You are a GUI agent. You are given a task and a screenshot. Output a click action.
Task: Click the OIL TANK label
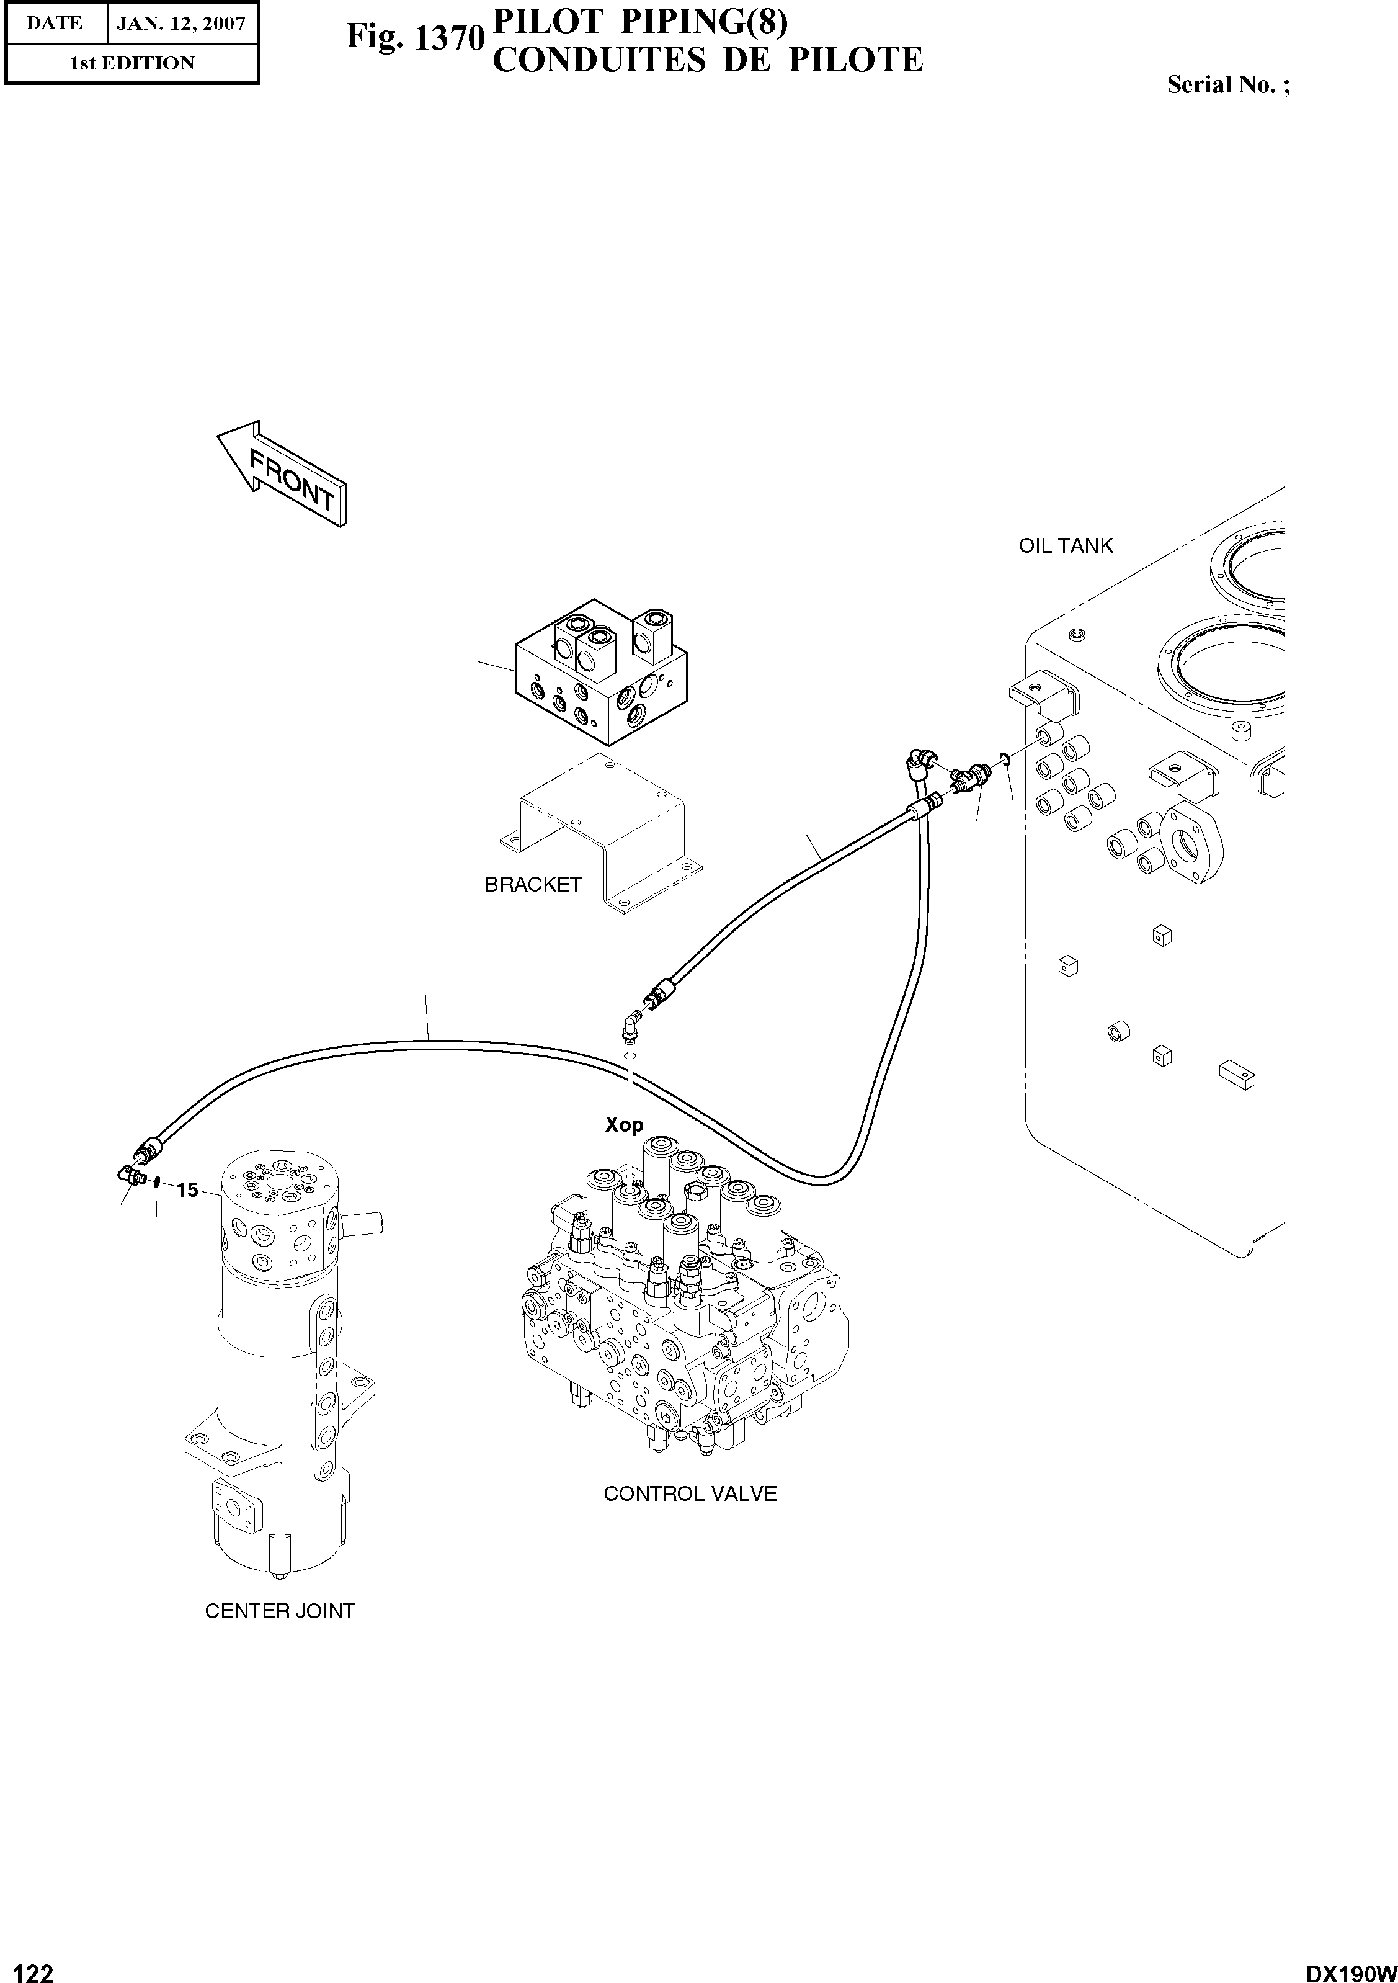click(1066, 546)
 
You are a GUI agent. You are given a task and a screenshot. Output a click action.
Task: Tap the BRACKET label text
click(533, 884)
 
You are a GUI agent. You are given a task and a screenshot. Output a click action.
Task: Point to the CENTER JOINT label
click(280, 1611)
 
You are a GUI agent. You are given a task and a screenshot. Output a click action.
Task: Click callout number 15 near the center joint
click(187, 1190)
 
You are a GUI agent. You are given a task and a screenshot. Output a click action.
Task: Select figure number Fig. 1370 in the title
click(412, 37)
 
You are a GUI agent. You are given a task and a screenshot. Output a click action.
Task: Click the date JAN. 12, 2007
click(181, 24)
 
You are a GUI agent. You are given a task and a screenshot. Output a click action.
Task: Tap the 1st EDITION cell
click(132, 63)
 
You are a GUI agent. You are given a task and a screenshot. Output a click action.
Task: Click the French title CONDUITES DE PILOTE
click(707, 60)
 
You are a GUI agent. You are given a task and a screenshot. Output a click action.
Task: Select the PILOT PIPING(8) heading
click(639, 24)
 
